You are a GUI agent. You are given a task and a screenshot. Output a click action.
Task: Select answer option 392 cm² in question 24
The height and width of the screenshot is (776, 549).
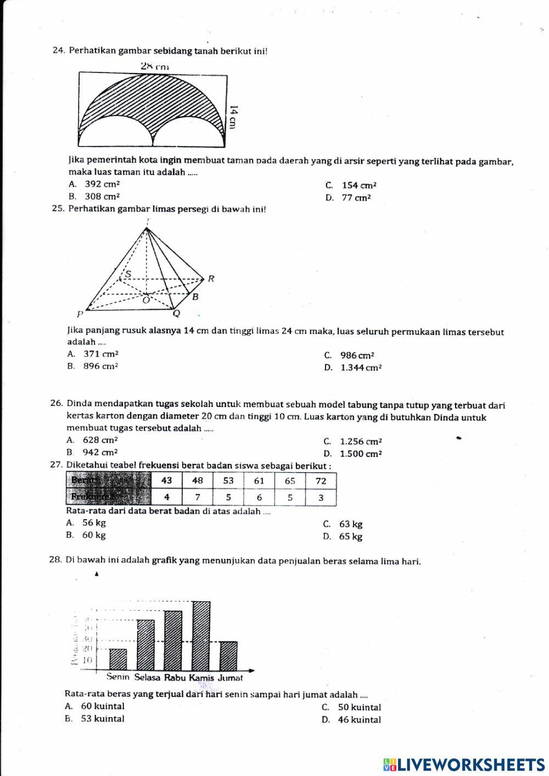coord(101,185)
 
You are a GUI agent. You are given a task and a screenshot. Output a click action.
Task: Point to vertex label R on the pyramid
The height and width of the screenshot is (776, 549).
coord(210,278)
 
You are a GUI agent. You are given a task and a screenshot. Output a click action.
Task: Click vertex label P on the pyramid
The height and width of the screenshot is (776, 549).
coord(80,315)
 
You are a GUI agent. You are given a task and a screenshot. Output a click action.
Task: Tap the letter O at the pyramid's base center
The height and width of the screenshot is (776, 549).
coord(146,300)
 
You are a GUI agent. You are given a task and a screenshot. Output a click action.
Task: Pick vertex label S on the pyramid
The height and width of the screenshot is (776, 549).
coord(128,273)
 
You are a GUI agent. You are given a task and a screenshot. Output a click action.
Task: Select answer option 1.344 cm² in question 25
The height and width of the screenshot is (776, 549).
coord(360,368)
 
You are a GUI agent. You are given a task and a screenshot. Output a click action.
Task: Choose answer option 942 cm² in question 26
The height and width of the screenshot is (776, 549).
coord(99,453)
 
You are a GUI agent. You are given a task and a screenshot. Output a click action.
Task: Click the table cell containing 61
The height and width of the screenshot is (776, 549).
coord(259,481)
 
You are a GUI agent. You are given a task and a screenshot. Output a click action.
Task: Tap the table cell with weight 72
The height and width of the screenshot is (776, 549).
coord(321,481)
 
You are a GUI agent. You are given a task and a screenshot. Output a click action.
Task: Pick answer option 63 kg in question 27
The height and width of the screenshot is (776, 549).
coord(350,524)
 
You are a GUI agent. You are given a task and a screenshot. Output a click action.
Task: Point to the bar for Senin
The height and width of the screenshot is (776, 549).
coord(118,659)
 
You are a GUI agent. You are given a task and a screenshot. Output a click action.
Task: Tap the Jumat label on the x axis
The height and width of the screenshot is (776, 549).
coord(230,678)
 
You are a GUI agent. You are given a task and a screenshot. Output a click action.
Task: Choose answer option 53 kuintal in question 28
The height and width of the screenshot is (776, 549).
coord(102,719)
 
